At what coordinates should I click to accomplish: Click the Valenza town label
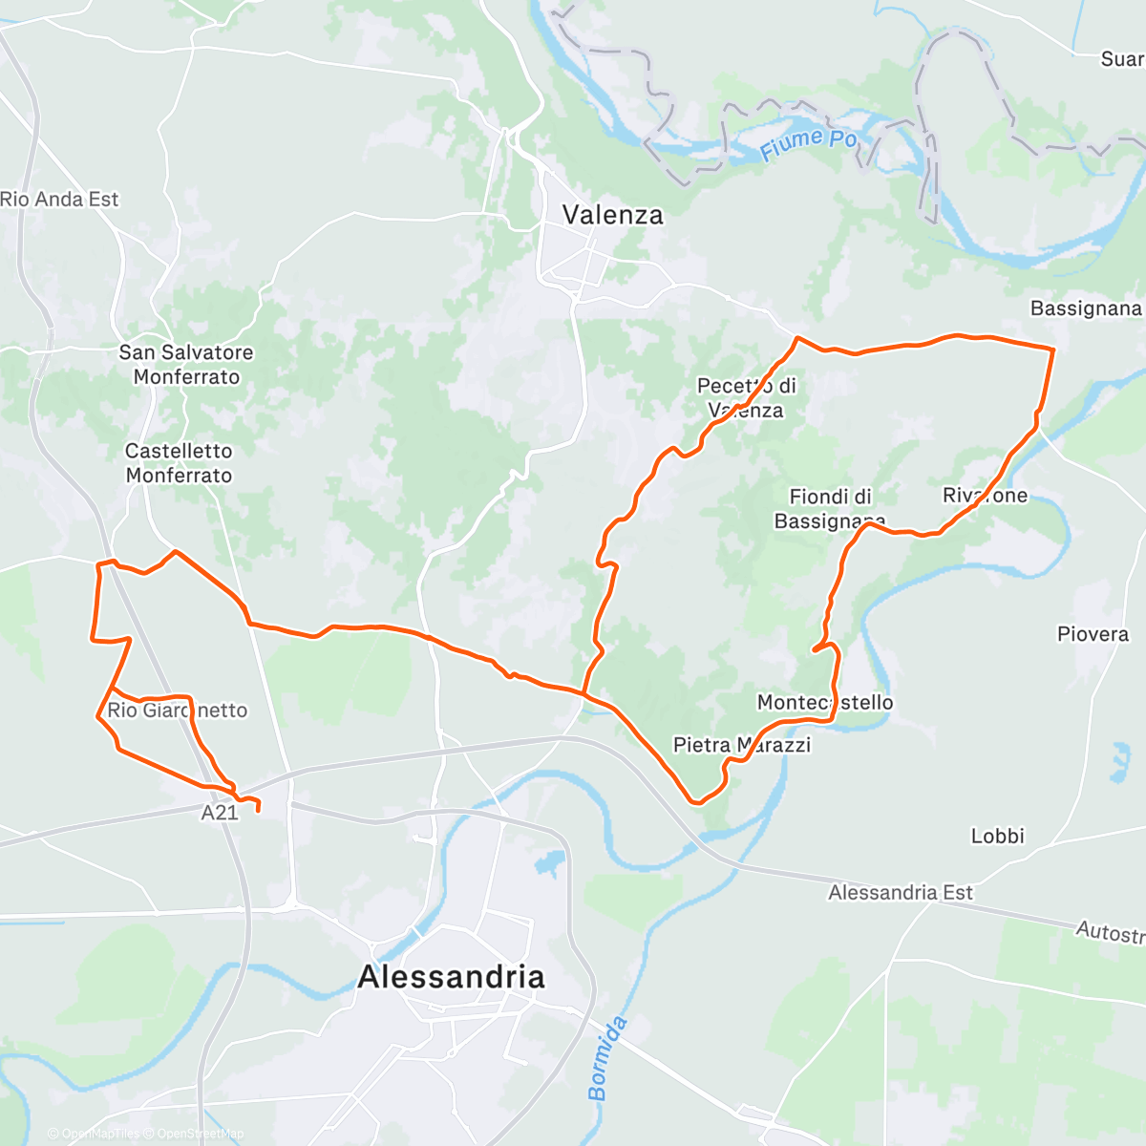(x=612, y=215)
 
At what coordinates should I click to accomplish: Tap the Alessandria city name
(x=451, y=977)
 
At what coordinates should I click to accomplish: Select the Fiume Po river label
(x=809, y=143)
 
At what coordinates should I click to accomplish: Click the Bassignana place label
(x=1086, y=308)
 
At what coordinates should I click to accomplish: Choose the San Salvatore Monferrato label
(x=186, y=364)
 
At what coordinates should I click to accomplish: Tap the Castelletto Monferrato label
(x=179, y=462)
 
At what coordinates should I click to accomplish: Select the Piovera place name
(x=1093, y=634)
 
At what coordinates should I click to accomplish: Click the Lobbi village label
(x=997, y=836)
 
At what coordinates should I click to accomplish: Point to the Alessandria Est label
(x=900, y=893)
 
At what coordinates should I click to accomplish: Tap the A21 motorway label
(x=220, y=813)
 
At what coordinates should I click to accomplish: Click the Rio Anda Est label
(x=59, y=199)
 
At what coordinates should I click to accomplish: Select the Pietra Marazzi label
(x=741, y=745)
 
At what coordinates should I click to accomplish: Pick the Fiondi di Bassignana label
(x=829, y=509)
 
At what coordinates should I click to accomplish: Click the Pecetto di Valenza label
(x=747, y=398)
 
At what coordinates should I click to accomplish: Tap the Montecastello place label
(x=825, y=703)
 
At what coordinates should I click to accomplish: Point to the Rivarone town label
(x=985, y=495)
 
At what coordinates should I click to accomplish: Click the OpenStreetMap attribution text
(x=200, y=1134)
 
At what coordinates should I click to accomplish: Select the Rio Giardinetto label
(x=177, y=711)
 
